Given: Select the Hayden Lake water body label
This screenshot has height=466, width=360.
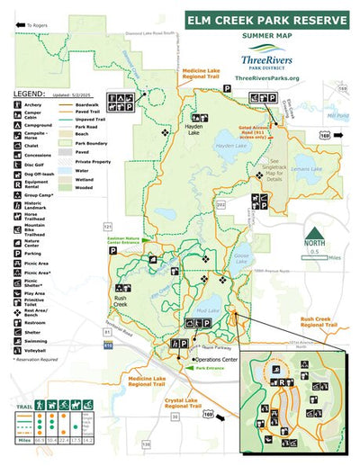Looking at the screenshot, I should pos(230,146).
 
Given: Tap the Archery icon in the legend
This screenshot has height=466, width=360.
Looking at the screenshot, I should pos(6,104).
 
